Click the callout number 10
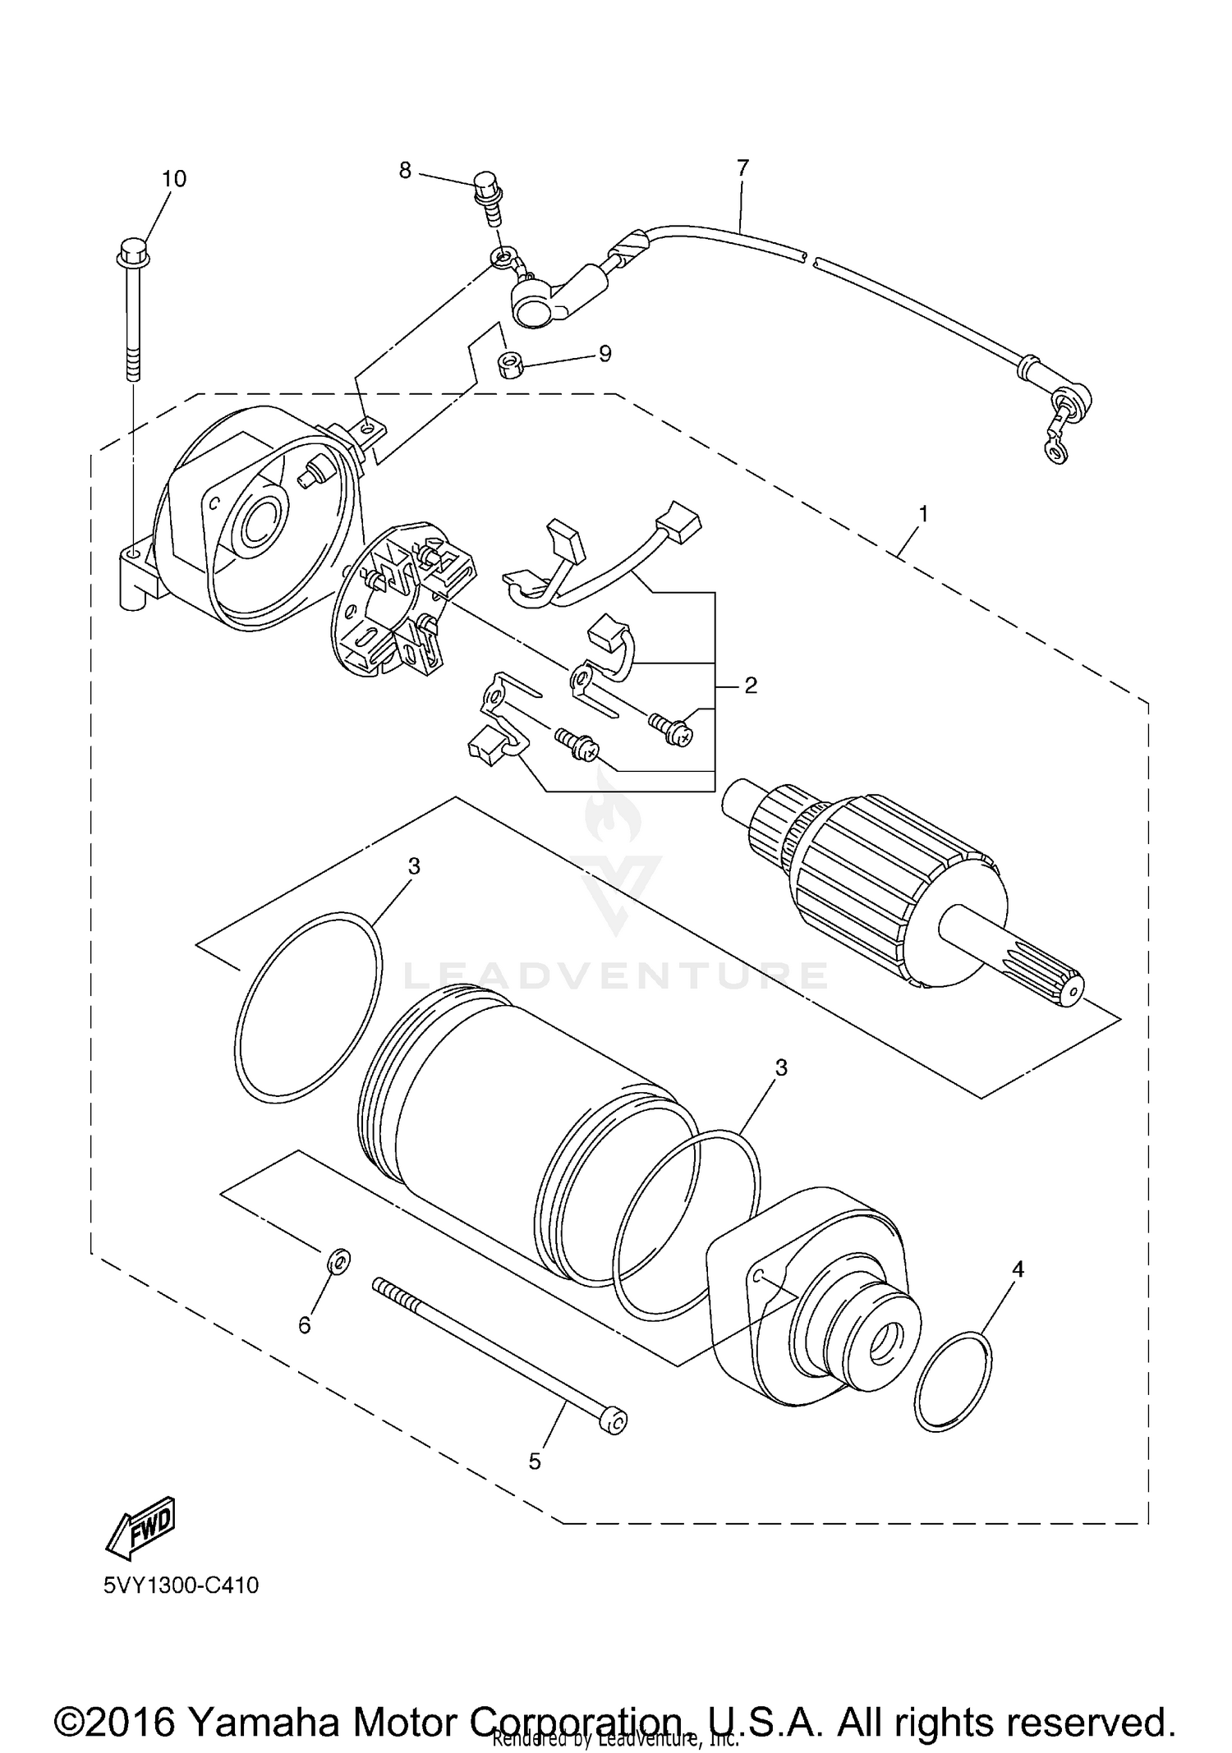173,178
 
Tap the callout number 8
405,170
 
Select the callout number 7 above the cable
742,167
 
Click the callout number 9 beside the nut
605,354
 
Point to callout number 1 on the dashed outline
923,514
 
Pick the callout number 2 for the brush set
750,685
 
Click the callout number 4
1018,1269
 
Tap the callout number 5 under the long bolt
535,1461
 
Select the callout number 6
305,1324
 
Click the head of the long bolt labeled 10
132,250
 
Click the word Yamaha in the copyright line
264,1700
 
